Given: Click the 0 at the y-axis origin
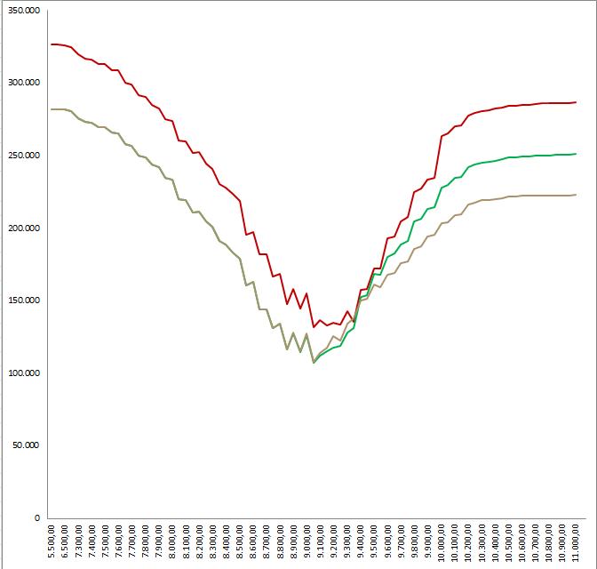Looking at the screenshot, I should click(x=37, y=517).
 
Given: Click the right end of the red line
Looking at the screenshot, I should click(x=576, y=102).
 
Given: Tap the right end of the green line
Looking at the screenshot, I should click(x=576, y=154).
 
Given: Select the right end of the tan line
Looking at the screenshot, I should click(x=576, y=195).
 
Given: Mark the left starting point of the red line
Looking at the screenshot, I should click(x=52, y=44).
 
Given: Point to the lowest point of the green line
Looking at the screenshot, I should click(x=314, y=363).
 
